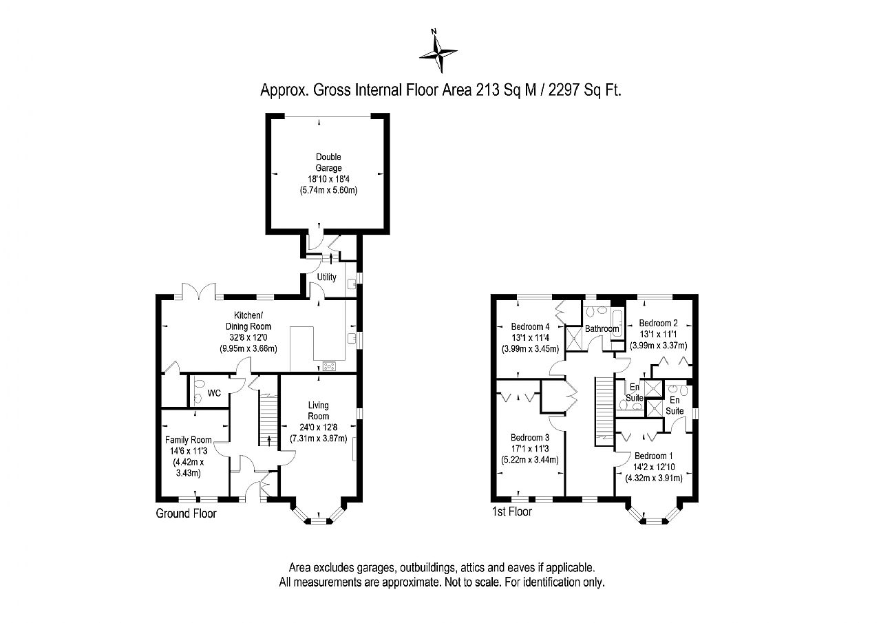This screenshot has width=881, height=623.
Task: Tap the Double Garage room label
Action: [328, 162]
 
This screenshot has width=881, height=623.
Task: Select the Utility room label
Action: [326, 277]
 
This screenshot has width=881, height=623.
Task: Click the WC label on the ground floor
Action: [214, 393]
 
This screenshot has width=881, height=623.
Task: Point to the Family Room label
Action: [189, 440]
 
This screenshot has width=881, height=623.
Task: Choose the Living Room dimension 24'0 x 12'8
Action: [318, 427]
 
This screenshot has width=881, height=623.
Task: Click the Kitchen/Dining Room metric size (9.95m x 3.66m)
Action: [248, 348]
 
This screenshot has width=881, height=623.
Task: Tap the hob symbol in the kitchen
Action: [329, 366]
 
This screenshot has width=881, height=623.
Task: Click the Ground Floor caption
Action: [186, 514]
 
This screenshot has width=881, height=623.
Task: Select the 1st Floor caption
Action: [511, 511]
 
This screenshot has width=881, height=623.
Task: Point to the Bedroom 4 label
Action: [530, 326]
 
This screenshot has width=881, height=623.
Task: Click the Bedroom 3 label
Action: [530, 437]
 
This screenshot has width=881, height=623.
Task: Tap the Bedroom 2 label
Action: [659, 323]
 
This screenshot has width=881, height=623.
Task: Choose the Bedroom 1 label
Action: [654, 456]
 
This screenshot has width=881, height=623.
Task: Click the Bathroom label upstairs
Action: [602, 328]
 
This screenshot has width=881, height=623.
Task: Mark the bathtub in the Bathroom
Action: [617, 324]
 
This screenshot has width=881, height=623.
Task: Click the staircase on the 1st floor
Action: [604, 411]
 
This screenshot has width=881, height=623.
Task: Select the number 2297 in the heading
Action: [564, 90]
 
